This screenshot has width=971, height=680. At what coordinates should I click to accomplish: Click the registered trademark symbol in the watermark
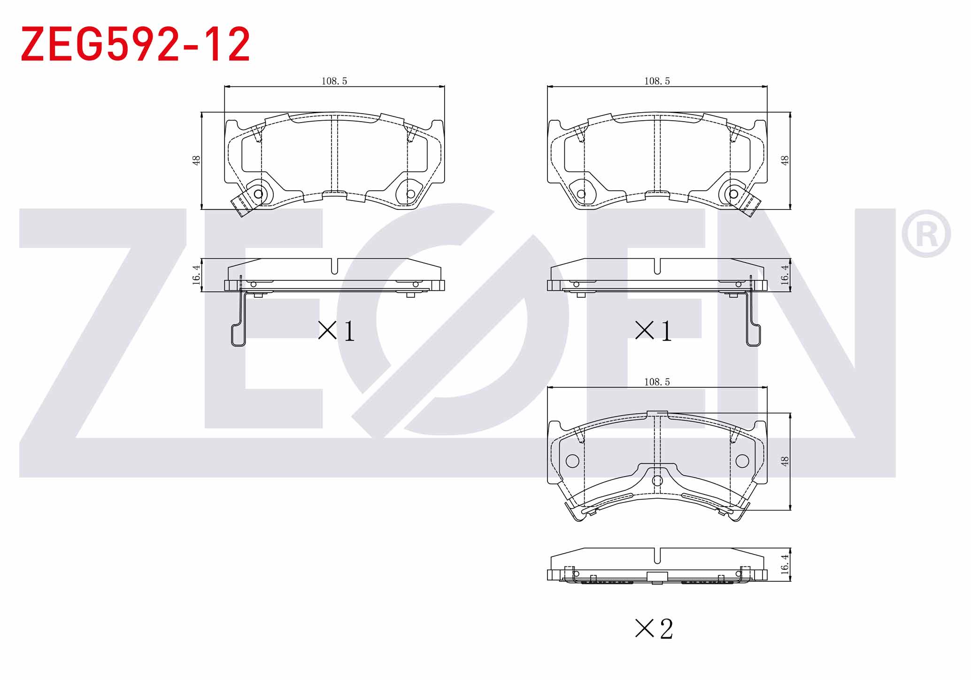pos(926,234)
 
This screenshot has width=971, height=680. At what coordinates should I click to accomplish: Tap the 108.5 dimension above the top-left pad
pos(334,81)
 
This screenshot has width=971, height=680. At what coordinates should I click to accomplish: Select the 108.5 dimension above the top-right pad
pos(657,81)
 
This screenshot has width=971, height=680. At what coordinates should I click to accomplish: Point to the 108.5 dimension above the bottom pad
pos(657,382)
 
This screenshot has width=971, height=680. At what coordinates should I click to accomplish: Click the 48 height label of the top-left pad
pos(196,160)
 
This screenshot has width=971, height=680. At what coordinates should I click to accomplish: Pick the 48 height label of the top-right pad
pos(785,160)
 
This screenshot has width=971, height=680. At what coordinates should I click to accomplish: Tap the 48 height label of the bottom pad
pos(785,461)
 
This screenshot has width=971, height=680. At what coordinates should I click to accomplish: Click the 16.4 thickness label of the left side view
pos(196,275)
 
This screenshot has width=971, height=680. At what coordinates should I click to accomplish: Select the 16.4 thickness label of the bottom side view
pos(785,564)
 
